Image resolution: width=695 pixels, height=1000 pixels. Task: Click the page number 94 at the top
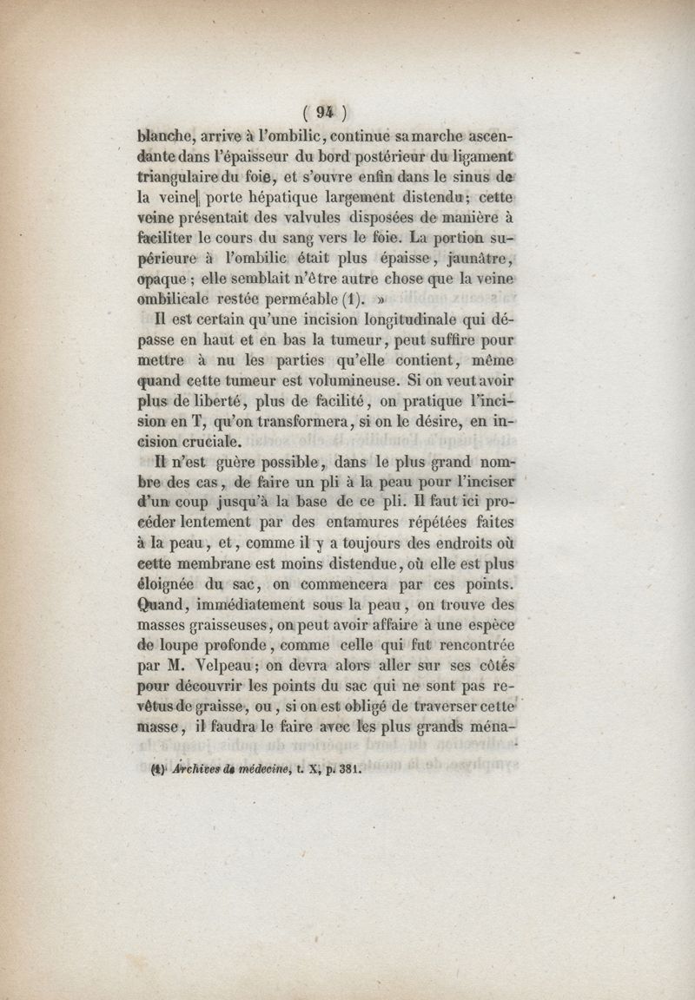coord(326,111)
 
